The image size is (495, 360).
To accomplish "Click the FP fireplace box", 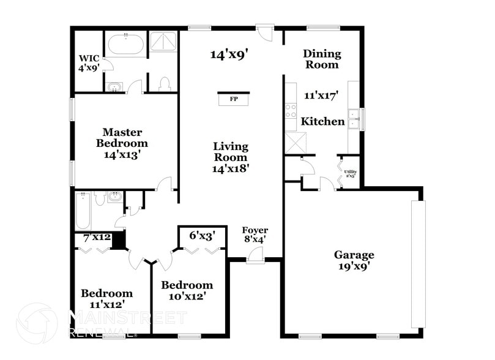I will click(x=233, y=99).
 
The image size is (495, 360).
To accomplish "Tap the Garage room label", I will click(x=354, y=255).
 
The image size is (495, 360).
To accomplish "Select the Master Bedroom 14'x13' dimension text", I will click(x=122, y=156).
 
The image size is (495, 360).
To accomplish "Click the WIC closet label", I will click(x=88, y=59).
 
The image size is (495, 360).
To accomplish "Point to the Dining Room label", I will click(x=322, y=59).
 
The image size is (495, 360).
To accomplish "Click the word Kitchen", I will click(x=322, y=122).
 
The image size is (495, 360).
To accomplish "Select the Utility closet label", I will click(x=350, y=173).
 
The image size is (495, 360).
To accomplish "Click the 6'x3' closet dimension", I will click(x=201, y=234).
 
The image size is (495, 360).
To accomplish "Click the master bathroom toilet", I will click(x=163, y=84).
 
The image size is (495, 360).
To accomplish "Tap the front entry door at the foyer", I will click(x=255, y=260).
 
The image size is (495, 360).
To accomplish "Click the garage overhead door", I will click(x=418, y=263).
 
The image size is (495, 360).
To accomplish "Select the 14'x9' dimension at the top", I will click(x=228, y=55).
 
